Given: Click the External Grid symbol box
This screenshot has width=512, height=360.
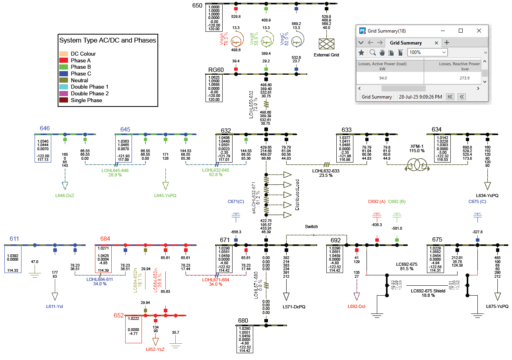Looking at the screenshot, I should coord(326,44).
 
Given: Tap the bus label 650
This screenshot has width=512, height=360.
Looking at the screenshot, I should coord(198,6).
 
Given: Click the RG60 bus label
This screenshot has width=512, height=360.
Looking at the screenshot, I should coord(216,70).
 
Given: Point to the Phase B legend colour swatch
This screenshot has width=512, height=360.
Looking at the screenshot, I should coord(64,67).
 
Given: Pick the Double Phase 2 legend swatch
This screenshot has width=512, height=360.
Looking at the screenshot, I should coord(64,94).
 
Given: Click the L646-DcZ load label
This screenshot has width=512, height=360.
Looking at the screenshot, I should coord(65,195).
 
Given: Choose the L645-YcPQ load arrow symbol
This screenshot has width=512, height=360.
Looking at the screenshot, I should coord(165,186).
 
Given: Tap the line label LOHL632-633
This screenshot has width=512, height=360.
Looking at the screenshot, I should coord(326,171).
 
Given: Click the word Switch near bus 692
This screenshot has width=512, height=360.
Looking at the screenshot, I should coord(311,226).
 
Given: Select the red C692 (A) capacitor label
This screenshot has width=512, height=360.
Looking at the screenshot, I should coord(377,201).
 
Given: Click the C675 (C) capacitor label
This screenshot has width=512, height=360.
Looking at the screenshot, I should coord(477,201).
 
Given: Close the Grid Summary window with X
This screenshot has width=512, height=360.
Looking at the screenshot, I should coord(479,31).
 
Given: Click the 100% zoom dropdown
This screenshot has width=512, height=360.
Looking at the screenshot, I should coord(422,52).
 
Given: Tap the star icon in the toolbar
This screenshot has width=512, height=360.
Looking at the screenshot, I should coord(361,52).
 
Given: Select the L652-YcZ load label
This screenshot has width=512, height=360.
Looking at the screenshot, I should coord(155,349).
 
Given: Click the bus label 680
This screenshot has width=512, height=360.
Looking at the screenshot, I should coord(243,321).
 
